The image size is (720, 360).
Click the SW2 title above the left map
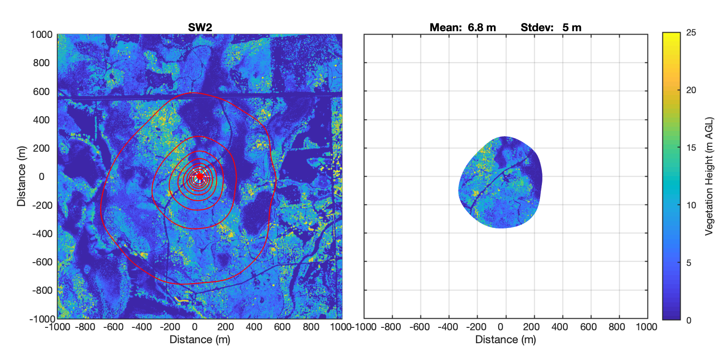[200, 27]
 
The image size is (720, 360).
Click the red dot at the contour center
[200, 176]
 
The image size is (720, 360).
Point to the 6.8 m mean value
[481, 27]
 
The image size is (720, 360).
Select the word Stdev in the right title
[534, 27]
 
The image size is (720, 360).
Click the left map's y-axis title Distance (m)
[21, 176]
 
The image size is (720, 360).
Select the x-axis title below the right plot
[505, 339]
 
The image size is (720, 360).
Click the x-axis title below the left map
[200, 339]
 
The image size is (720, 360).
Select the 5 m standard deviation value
[572, 27]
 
